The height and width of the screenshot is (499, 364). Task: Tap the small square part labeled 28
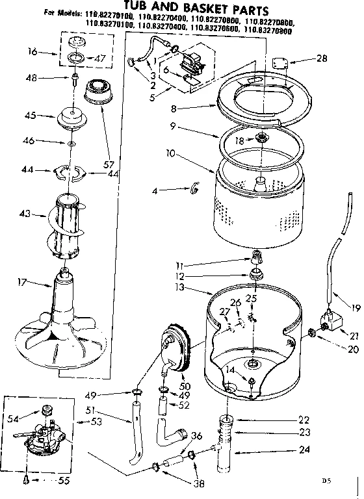click(x=281, y=63)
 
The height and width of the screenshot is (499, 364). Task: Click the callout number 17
click(x=21, y=282)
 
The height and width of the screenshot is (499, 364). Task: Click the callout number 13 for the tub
click(x=180, y=287)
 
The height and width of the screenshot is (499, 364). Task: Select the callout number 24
click(x=304, y=450)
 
